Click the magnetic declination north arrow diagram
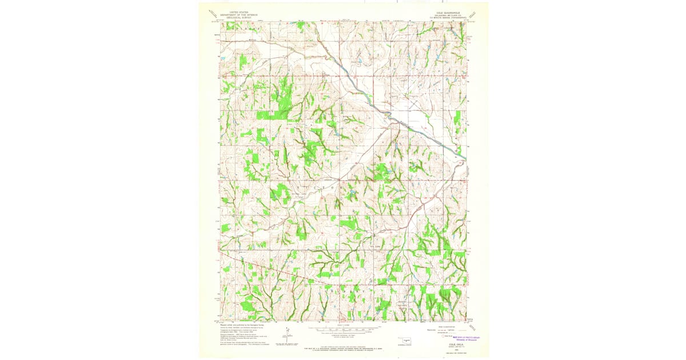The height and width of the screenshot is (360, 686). (x=287, y=335)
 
